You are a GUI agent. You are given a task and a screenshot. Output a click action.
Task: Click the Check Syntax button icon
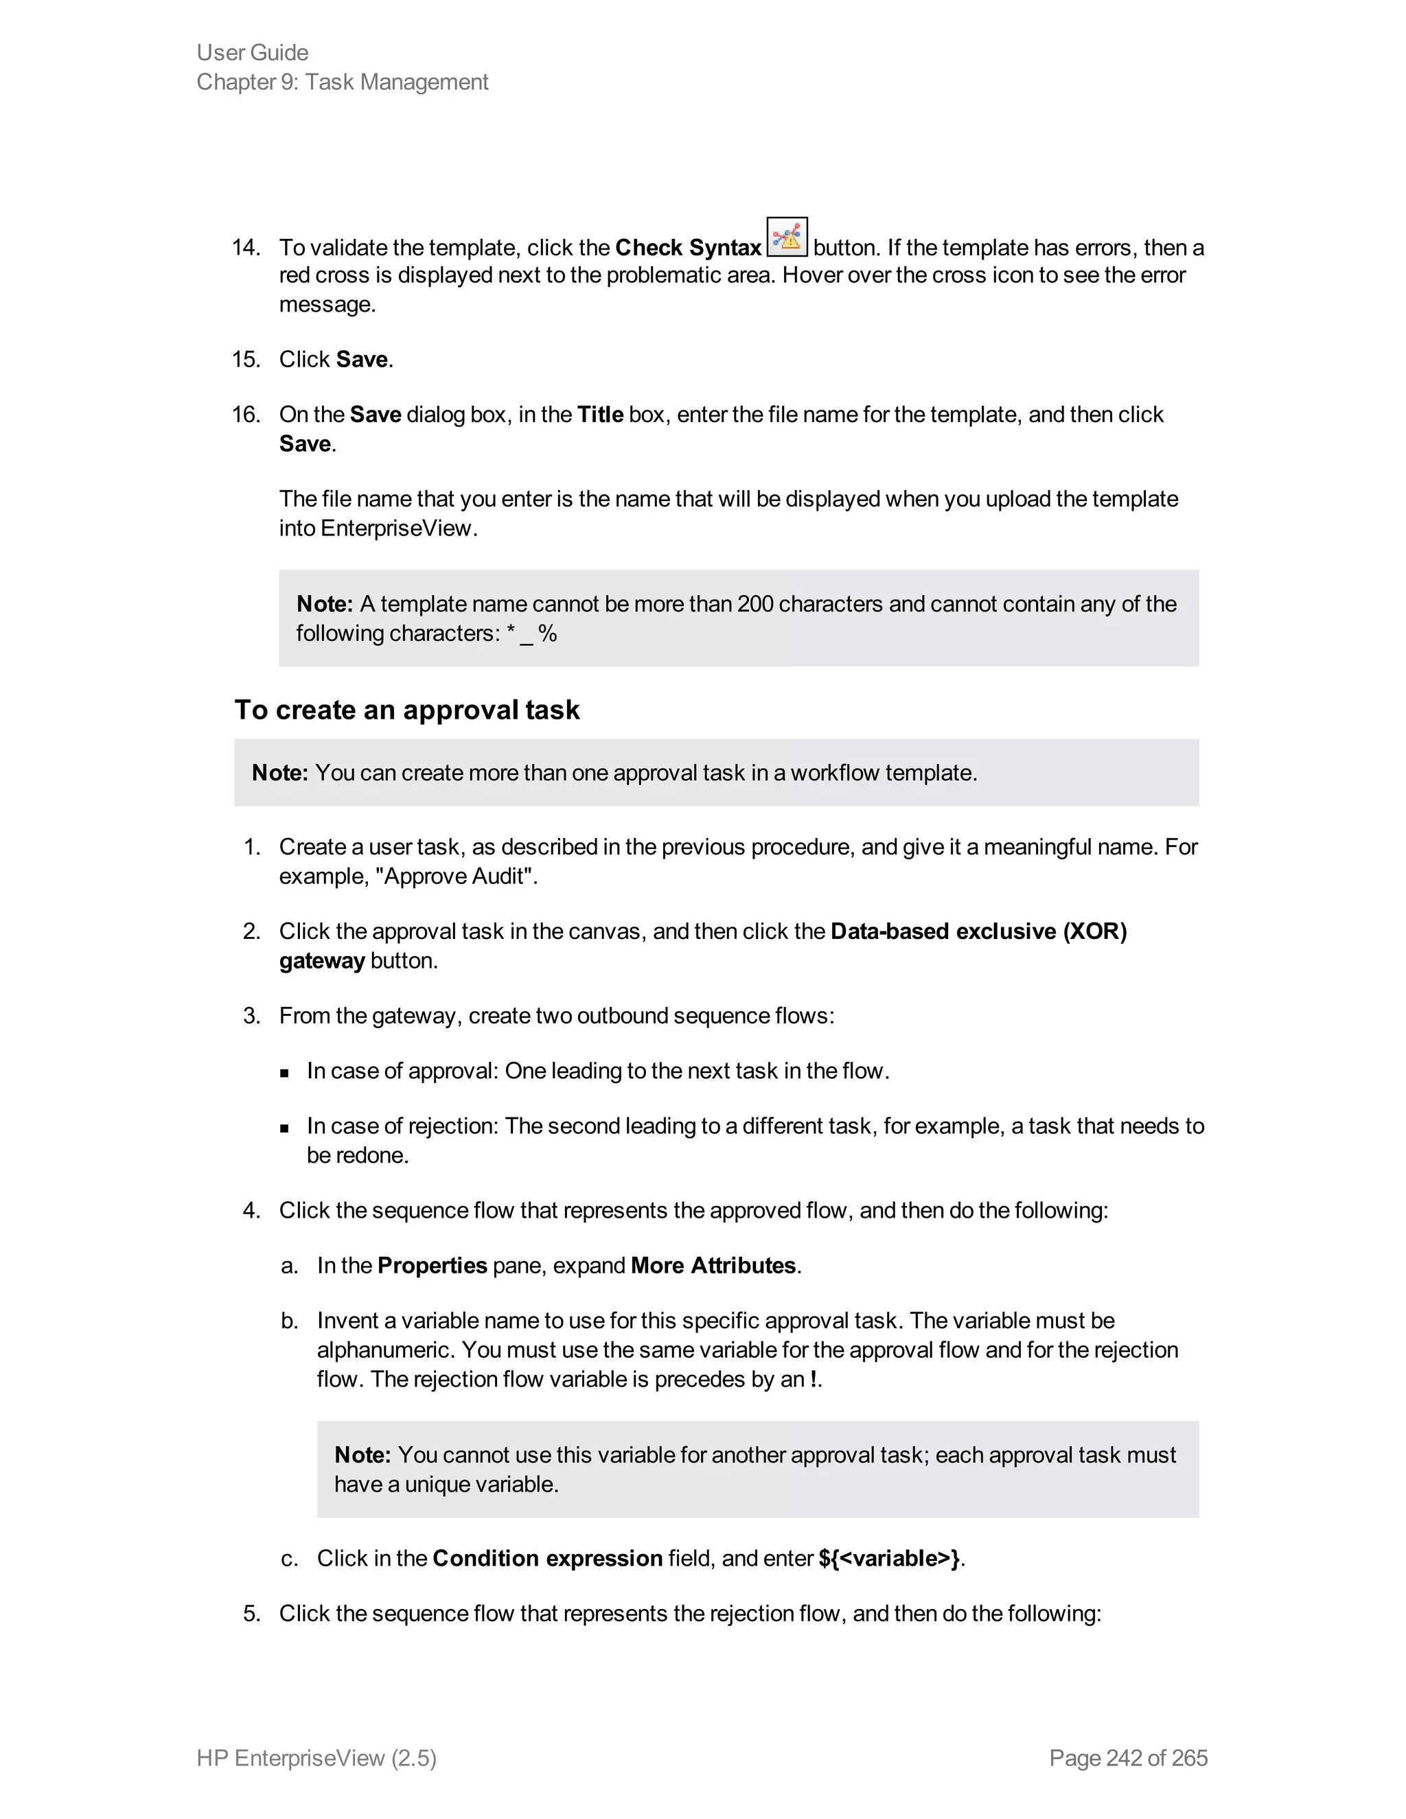point(786,237)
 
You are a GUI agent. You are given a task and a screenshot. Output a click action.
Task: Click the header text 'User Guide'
point(253,52)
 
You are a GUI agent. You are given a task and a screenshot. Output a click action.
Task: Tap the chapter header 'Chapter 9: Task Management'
point(343,82)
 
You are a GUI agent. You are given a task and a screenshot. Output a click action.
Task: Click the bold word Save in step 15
point(362,359)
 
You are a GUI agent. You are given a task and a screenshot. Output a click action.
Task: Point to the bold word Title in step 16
point(600,414)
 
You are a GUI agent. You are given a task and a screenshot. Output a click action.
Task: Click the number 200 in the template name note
point(755,604)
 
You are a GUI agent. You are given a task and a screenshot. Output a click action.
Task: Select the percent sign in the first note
point(547,634)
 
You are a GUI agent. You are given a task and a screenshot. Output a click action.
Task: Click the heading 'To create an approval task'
point(406,710)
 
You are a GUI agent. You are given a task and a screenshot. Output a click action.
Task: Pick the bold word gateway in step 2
point(321,960)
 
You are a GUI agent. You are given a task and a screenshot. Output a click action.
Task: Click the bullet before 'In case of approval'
point(285,1073)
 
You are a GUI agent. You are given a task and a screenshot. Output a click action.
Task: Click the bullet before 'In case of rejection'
point(285,1128)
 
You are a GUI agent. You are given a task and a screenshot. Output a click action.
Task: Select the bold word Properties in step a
point(431,1265)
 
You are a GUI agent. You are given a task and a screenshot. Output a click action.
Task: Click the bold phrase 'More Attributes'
point(713,1265)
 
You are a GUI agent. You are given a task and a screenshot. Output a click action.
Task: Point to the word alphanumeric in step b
point(387,1349)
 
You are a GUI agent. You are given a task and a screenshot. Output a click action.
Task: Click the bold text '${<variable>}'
point(889,1558)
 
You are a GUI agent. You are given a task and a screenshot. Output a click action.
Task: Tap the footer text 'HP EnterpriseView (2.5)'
point(316,1757)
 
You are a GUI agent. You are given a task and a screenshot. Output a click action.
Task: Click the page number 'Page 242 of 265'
point(1128,1757)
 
